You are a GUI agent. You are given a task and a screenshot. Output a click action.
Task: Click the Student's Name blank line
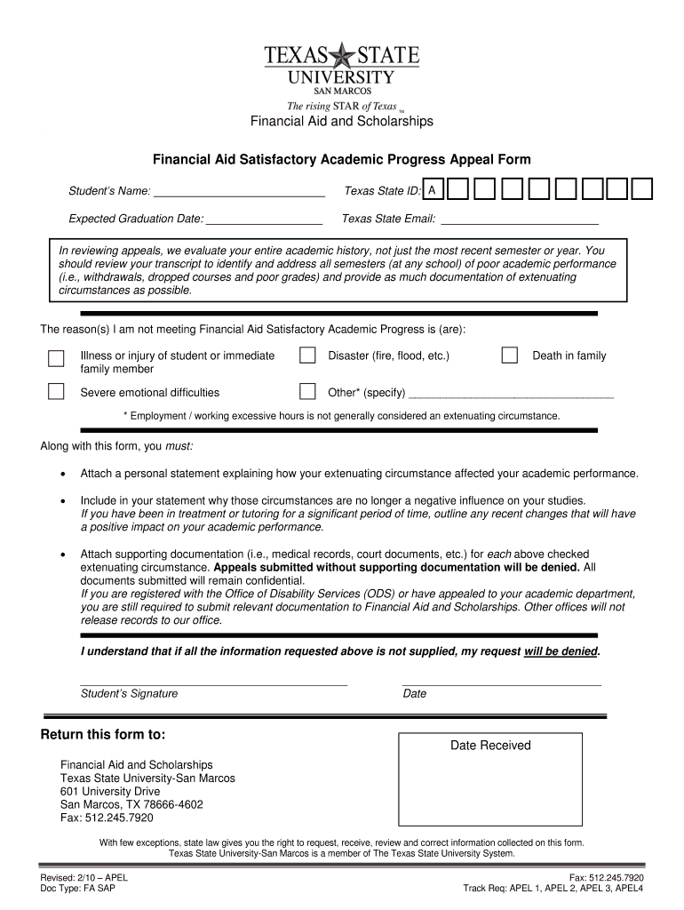tap(239, 193)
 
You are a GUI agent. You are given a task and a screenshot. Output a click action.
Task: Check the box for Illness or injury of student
tap(56, 357)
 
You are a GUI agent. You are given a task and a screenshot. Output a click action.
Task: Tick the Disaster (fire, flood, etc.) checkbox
tap(307, 355)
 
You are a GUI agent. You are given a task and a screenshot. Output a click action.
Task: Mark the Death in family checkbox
tap(509, 355)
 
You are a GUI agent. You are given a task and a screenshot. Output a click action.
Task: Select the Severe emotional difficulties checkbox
tap(56, 392)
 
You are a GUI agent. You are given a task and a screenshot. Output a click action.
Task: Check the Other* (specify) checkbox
tap(307, 392)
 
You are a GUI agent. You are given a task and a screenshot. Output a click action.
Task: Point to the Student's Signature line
tap(213, 683)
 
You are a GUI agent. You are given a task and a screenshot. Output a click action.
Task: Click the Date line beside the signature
tap(501, 683)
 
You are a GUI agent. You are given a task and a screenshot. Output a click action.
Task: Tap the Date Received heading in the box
tap(489, 746)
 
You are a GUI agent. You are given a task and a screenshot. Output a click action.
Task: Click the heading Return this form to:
tap(103, 734)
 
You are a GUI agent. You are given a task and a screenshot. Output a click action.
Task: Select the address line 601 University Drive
tap(110, 791)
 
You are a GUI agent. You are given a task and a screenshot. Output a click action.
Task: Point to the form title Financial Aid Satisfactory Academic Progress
tap(341, 160)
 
